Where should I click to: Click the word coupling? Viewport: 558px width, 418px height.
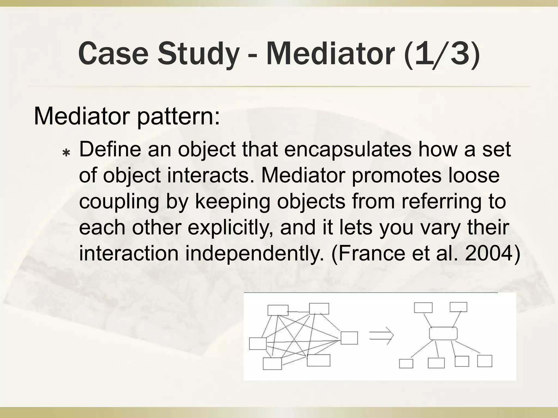(x=119, y=202)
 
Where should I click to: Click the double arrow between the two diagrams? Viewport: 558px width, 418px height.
(x=381, y=338)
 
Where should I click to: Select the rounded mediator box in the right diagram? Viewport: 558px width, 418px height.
(x=443, y=333)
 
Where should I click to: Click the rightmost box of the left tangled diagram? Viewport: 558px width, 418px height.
(x=349, y=338)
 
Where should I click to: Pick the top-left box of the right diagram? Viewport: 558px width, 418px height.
(x=423, y=308)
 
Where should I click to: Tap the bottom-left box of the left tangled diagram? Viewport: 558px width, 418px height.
(x=272, y=364)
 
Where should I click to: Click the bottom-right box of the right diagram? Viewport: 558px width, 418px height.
(x=485, y=361)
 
